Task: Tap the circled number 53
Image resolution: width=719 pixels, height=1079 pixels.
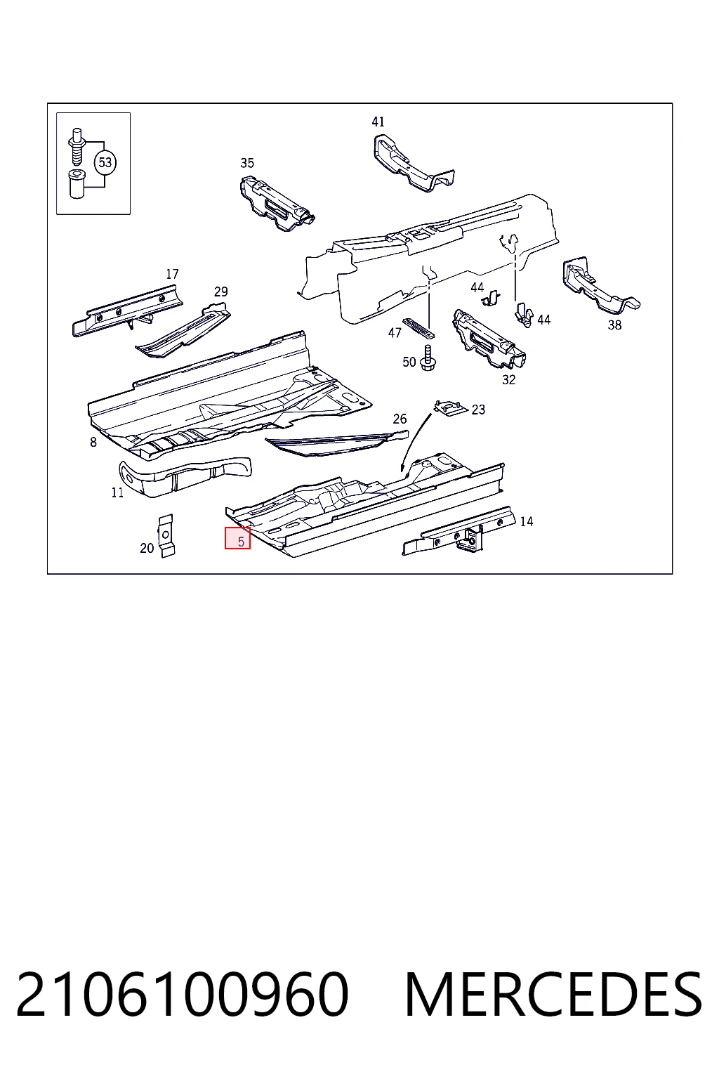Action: (x=105, y=162)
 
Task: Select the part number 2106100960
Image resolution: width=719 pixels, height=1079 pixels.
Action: (x=183, y=994)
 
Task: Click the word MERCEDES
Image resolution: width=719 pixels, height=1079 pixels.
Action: (x=553, y=994)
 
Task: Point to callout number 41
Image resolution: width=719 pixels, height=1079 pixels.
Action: (x=378, y=122)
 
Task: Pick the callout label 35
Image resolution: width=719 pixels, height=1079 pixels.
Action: (x=247, y=163)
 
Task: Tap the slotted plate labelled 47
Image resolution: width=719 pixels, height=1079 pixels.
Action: (x=418, y=327)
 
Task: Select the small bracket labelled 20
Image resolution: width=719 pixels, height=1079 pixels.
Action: (x=166, y=535)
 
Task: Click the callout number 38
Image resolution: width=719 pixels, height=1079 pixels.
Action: (x=614, y=325)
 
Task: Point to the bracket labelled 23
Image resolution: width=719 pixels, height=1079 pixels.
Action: (x=451, y=407)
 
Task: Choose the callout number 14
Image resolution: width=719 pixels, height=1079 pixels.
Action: (x=527, y=521)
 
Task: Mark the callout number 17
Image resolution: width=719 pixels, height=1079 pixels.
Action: (x=172, y=274)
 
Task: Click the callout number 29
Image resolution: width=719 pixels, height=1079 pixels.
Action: (x=220, y=292)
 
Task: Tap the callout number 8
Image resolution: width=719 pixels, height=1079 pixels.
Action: (x=93, y=442)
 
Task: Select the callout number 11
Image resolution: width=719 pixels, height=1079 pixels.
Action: (x=117, y=492)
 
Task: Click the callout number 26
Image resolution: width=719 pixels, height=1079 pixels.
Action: (x=400, y=419)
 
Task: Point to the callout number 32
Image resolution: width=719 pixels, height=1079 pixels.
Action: (x=508, y=379)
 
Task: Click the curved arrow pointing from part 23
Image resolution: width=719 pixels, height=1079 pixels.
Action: (x=411, y=439)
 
